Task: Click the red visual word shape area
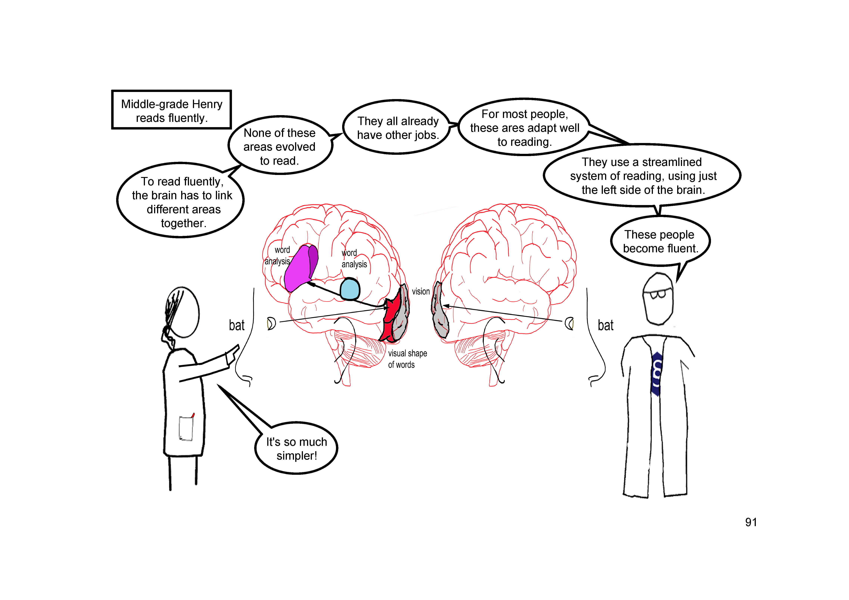click(x=391, y=318)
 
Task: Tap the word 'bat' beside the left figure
click(x=237, y=325)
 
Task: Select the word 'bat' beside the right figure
click(x=605, y=325)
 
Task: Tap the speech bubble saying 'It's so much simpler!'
click(x=297, y=448)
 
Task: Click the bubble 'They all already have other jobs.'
click(x=397, y=128)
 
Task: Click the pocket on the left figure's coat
click(x=186, y=428)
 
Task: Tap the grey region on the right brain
click(x=440, y=311)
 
